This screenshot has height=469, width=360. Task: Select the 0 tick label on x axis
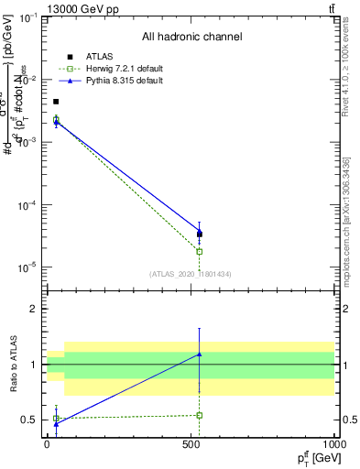point(47,445)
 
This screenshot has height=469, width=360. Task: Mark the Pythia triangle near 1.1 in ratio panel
point(199,354)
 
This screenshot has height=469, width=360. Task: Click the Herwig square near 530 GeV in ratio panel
point(199,415)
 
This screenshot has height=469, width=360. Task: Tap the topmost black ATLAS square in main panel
point(56,102)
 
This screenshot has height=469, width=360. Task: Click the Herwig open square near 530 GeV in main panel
point(199,251)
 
